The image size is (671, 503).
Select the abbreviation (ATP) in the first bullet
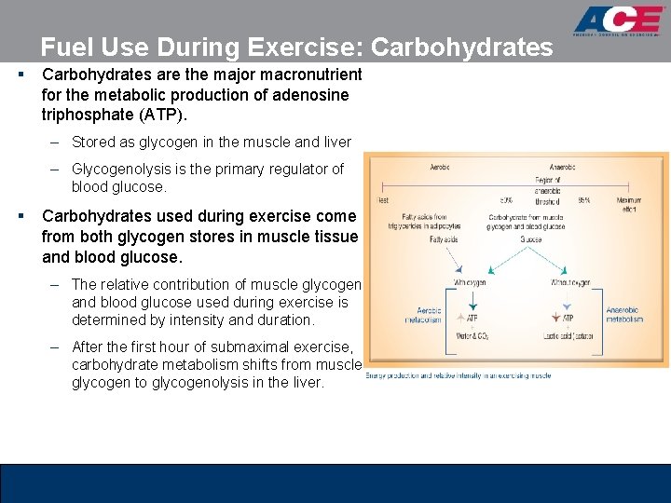[x=162, y=115]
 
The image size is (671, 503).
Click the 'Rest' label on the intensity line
[x=383, y=200]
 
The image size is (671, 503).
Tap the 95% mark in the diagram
[x=584, y=200]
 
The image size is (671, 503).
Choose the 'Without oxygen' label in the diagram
[x=570, y=282]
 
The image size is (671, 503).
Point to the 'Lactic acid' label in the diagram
[x=568, y=337]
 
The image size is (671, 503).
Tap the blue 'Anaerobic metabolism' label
[x=624, y=314]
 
